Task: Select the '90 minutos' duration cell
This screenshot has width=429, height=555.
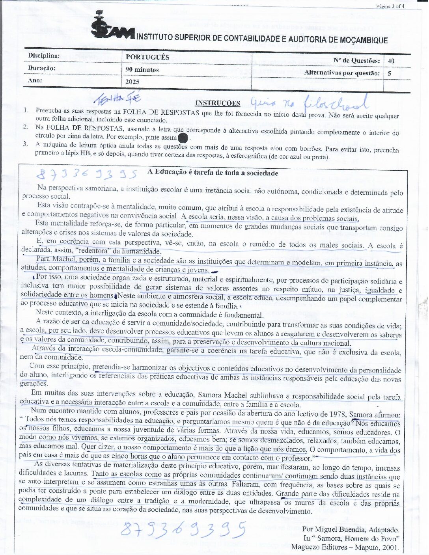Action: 142,70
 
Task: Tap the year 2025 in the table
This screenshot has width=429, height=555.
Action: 132,82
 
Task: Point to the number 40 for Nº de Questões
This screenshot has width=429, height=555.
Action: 391,61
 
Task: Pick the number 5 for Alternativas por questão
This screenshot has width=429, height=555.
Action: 389,73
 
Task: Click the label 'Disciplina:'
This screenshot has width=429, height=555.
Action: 44,56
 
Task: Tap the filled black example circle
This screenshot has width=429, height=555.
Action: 183,138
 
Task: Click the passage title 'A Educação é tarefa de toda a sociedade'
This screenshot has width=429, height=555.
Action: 213,173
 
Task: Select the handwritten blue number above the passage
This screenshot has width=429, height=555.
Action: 86,174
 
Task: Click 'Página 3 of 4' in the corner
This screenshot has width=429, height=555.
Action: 390,6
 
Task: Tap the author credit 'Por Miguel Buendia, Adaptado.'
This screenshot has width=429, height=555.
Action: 351,529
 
